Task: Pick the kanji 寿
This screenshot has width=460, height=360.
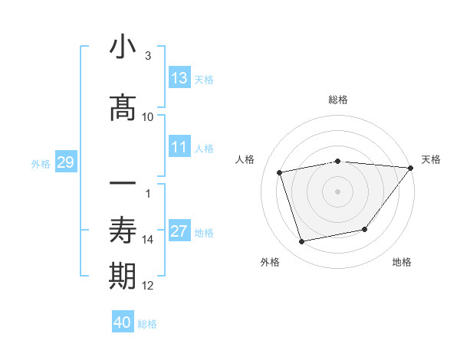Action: pos(123,231)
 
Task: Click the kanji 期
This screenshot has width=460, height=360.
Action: pos(123,277)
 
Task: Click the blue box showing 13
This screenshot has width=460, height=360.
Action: pos(179,78)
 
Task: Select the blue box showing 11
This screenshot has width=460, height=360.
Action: pos(179,147)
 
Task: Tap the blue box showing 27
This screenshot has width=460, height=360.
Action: pos(179,231)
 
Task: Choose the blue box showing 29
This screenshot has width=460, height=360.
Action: pos(65,162)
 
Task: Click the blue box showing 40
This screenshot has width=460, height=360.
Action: pos(123,322)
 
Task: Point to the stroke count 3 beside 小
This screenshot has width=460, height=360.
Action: pos(147,56)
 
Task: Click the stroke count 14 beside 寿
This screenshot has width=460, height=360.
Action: pos(148,240)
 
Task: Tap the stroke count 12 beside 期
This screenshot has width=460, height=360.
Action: pos(148,286)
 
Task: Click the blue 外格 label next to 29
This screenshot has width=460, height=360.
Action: pos(41,163)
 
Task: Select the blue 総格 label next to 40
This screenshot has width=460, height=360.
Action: pos(147,323)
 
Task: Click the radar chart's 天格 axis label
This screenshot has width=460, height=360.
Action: pos(431,159)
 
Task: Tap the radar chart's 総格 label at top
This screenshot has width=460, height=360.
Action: pos(337,100)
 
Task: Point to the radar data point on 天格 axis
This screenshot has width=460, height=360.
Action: pos(411,168)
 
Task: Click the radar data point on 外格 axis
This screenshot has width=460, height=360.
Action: pos(302,242)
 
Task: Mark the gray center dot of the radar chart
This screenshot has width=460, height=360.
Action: pos(337,191)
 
